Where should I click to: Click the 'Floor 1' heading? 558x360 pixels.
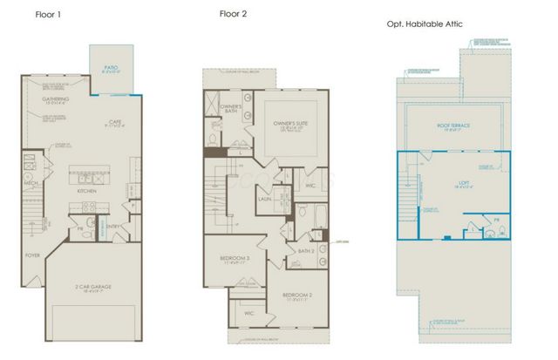[x=48, y=15]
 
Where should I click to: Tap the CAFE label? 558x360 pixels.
[x=113, y=122]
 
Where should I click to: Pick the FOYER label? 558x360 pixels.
[x=32, y=255]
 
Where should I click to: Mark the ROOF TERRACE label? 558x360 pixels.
[x=453, y=126]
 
